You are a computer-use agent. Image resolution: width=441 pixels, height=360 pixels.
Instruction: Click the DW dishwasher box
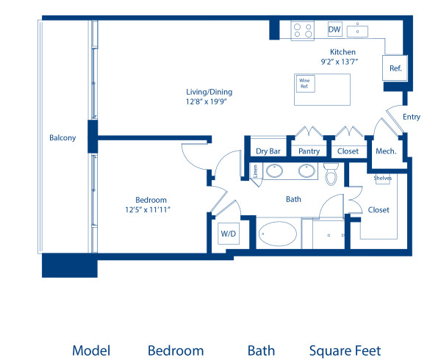pyautogui.click(x=334, y=30)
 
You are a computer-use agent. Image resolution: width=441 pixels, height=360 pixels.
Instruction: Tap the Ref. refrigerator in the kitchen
pyautogui.click(x=395, y=68)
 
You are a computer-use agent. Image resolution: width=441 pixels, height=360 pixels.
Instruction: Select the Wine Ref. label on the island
pyautogui.click(x=303, y=84)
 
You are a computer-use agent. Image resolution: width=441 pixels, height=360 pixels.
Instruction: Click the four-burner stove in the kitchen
pyautogui.click(x=302, y=30)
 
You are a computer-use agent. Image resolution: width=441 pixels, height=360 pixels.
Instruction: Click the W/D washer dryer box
pyautogui.click(x=229, y=234)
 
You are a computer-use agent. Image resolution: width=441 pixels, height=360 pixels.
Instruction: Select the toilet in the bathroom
pyautogui.click(x=330, y=175)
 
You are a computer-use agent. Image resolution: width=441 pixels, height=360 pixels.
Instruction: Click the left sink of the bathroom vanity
pyautogui.click(x=275, y=172)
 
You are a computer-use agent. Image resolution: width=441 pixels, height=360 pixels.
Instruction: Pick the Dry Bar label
pyautogui.click(x=268, y=151)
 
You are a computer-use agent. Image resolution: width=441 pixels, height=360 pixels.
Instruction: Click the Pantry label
pyautogui.click(x=309, y=151)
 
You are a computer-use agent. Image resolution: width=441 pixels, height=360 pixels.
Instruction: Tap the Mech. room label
pyautogui.click(x=386, y=151)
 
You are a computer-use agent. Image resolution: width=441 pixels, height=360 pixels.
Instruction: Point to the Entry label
pyautogui.click(x=412, y=117)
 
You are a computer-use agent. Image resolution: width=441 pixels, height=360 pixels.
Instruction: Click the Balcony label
pyautogui.click(x=62, y=137)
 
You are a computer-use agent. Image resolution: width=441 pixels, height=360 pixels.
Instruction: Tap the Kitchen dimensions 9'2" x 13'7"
pyautogui.click(x=343, y=62)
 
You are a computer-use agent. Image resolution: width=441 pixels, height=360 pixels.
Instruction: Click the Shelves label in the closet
pyautogui.click(x=382, y=178)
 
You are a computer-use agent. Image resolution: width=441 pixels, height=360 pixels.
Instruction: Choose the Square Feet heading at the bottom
pyautogui.click(x=345, y=350)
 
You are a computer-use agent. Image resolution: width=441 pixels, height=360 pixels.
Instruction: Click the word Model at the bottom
pyautogui.click(x=91, y=350)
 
